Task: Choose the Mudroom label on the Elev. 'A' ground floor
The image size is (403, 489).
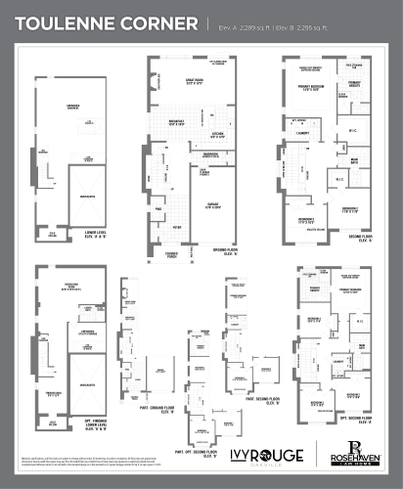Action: (209, 155)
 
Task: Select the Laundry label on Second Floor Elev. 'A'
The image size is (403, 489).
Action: (305, 133)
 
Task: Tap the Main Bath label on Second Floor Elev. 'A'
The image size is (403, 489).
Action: (355, 160)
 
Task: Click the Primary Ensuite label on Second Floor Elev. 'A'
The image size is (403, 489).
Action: (354, 85)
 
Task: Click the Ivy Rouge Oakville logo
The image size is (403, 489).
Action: (265, 456)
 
